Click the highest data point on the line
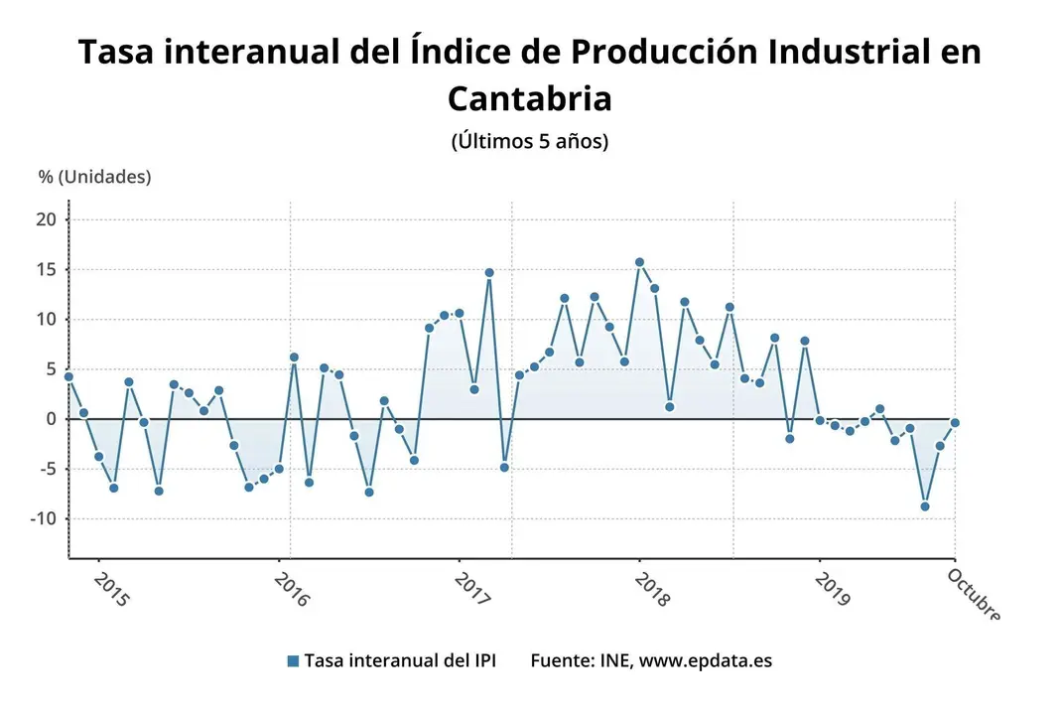pos(639,262)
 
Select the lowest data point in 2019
pos(925,506)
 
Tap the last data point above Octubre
pos(955,423)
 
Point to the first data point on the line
pos(68,376)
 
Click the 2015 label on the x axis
pos(109,587)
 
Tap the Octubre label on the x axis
pos(973,593)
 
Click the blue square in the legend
pos(292,661)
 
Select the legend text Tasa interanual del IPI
pos(399,660)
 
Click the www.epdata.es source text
pos(705,660)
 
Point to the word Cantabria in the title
pos(529,98)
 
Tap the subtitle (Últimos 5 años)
pos(529,141)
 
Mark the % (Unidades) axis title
pos(95,177)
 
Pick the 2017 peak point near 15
pos(489,272)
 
